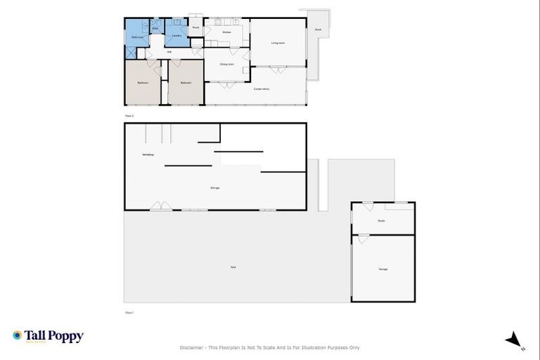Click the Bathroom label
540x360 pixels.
point(136,37)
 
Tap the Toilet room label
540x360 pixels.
point(155,29)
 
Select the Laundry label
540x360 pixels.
point(177,36)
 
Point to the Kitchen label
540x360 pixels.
point(226,32)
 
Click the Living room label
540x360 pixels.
point(278,43)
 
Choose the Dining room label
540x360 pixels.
point(226,64)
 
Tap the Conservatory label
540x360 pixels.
point(262,89)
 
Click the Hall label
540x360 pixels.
point(169,52)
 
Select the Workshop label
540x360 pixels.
point(148,154)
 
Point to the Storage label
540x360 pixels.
point(214,188)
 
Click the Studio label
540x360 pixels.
point(381,221)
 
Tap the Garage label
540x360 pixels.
point(383,269)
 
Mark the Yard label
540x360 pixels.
point(232,267)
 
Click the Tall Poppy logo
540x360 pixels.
point(48,336)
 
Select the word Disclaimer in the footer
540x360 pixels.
point(192,347)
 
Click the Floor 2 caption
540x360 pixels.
point(129,115)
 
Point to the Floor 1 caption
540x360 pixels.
point(129,312)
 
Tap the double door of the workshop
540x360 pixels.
point(160,207)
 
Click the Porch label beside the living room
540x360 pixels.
point(318,30)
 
